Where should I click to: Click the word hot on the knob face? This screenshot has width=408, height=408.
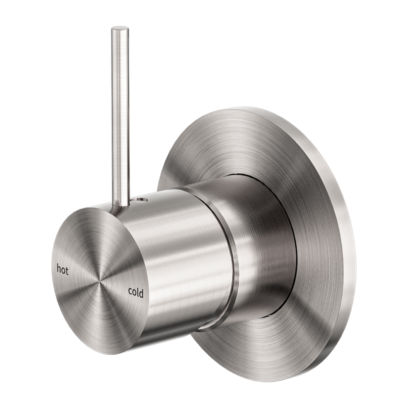[x=62, y=270]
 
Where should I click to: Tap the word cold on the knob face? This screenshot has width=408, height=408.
[x=135, y=293]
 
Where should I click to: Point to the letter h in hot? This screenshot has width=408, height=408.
[x=59, y=269]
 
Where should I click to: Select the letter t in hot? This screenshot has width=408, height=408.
[x=67, y=271]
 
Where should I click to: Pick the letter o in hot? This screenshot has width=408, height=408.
[x=63, y=270]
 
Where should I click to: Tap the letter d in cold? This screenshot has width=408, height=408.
[x=141, y=293]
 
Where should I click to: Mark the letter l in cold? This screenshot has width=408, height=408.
[x=137, y=292]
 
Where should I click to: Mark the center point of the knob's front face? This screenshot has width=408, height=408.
[x=99, y=282]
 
